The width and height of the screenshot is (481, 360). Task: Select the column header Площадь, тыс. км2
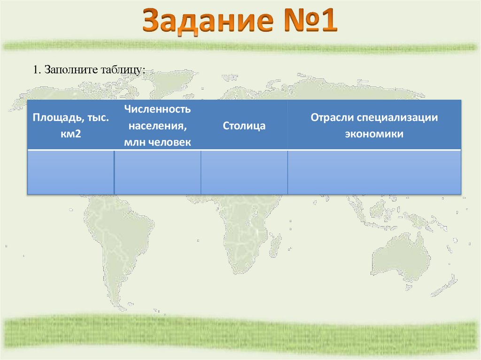tap(71, 125)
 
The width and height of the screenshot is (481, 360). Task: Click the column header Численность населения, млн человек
tap(157, 125)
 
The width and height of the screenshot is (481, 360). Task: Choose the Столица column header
tap(244, 126)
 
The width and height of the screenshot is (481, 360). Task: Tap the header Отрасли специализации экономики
tap(374, 125)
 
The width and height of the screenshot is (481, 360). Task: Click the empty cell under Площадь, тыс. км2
tap(71, 172)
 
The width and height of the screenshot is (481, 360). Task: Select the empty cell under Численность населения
tap(157, 172)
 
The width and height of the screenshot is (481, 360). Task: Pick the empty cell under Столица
tap(244, 172)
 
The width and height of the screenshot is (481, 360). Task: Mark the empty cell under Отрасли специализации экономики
tap(374, 172)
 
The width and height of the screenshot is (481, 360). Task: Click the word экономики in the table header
tap(374, 134)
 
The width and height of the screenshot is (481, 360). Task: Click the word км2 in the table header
tap(71, 134)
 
